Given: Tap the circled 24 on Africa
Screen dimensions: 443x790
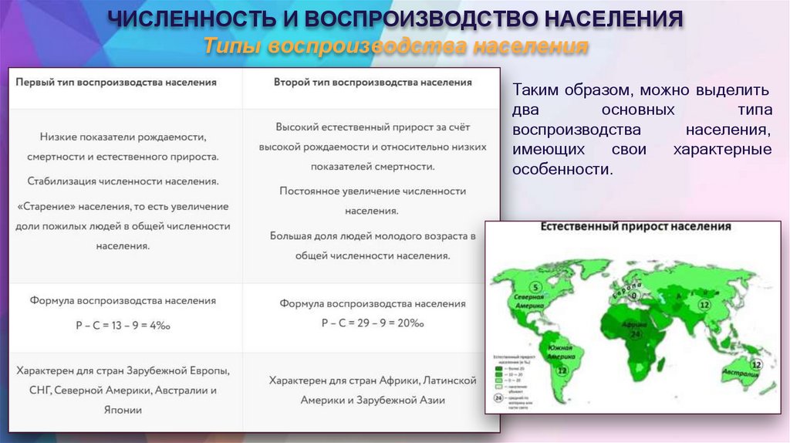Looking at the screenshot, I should tap(636, 336).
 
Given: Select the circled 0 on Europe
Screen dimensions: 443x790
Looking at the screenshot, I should tap(633, 295).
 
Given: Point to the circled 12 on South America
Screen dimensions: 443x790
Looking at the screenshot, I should tap(561, 370).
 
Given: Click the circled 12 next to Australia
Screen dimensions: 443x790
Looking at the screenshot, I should tap(756, 361).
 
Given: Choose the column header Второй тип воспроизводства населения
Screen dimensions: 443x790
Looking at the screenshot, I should tap(373, 82).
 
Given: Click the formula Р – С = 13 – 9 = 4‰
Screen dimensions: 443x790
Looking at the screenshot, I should tap(123, 326).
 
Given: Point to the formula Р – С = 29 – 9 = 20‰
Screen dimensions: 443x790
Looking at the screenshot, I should tap(373, 323).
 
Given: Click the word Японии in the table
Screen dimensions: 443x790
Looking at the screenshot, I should tap(123, 411).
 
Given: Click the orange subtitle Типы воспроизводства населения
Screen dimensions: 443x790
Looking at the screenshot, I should tap(396, 47).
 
